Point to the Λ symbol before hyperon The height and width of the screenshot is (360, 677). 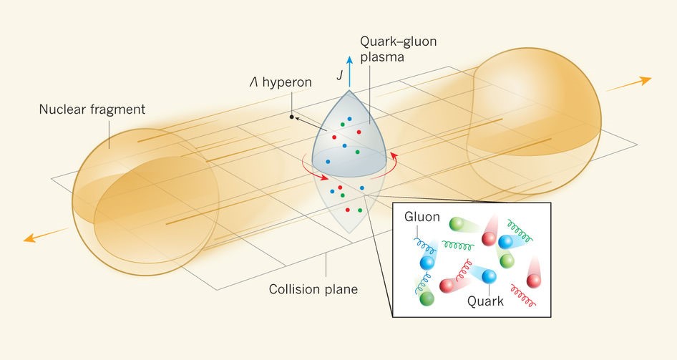coord(253,82)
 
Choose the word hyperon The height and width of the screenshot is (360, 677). coord(286,82)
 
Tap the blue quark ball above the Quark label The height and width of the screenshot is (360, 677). coord(490,277)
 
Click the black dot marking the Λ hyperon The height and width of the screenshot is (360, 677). coord(292,116)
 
